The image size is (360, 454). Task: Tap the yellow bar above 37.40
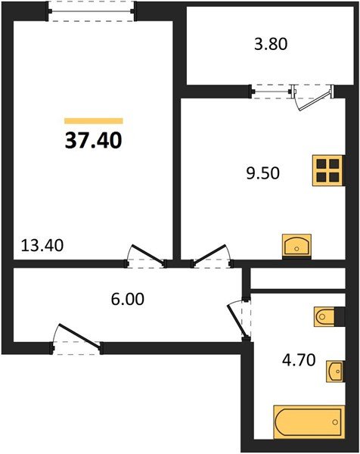[x=94, y=120]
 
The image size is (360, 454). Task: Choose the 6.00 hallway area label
[x=126, y=298]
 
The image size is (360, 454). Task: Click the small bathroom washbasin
[x=336, y=372]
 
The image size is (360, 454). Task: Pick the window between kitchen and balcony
[x=272, y=92]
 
